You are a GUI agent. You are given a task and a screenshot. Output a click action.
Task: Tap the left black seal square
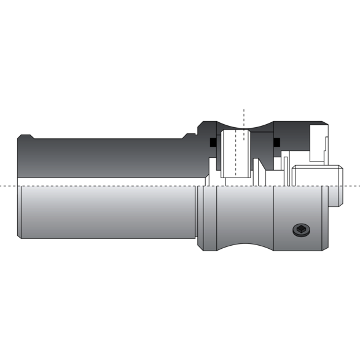point(213,143)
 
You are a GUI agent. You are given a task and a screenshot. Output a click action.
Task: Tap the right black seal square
point(276,143)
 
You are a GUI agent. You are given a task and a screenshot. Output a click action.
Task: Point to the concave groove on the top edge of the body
point(244,125)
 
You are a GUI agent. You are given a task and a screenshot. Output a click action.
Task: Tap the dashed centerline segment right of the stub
point(351,186)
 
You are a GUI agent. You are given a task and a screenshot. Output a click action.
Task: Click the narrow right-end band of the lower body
point(324,217)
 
